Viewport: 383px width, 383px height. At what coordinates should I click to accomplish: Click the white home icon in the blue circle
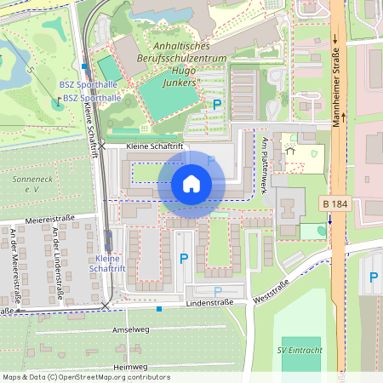pyautogui.click(x=191, y=183)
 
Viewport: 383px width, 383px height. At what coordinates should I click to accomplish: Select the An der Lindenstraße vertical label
pyautogui.click(x=54, y=260)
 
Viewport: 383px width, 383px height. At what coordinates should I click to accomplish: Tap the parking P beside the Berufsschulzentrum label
pyautogui.click(x=217, y=104)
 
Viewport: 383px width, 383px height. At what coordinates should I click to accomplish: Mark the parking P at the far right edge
pyautogui.click(x=373, y=277)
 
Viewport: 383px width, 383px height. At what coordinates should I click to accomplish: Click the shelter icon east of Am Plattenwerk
pyautogui.click(x=289, y=151)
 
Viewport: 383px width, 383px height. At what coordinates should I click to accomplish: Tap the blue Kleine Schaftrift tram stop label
pyautogui.click(x=107, y=263)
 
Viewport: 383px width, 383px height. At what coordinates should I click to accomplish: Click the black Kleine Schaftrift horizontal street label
pyautogui.click(x=154, y=146)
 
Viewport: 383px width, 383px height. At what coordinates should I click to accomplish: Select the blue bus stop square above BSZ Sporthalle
pyautogui.click(x=84, y=66)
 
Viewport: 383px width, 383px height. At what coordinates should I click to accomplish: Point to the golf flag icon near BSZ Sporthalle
pyautogui.click(x=58, y=102)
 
